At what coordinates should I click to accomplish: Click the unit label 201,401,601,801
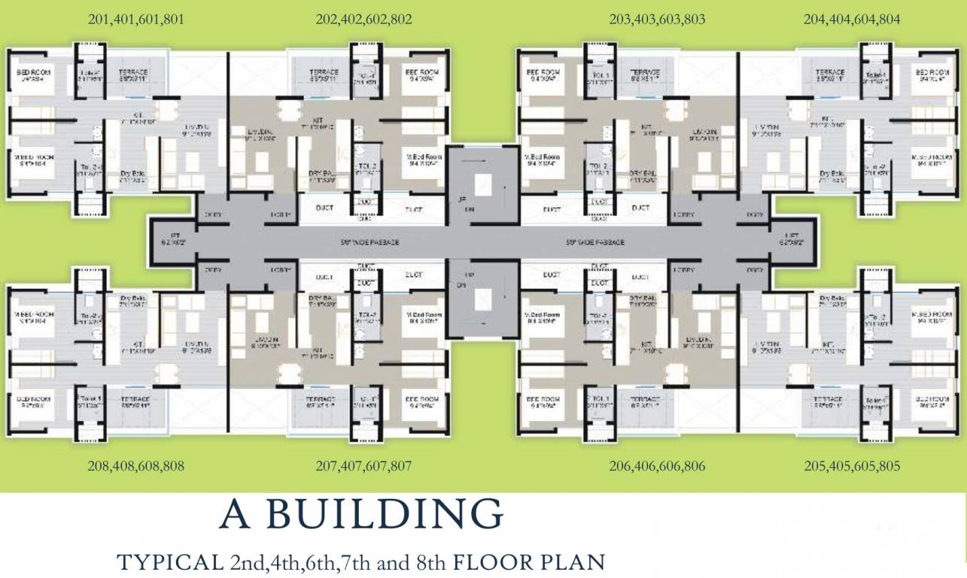tap(135, 20)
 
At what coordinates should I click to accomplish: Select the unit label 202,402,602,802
tap(363, 20)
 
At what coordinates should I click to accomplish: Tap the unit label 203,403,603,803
tap(657, 20)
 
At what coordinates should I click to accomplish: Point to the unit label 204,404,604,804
tap(851, 20)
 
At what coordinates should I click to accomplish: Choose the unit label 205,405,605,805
tap(851, 466)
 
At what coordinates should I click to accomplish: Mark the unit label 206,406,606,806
tap(657, 466)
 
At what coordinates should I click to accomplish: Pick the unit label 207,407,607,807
tap(363, 466)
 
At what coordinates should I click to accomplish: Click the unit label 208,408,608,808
tap(135, 466)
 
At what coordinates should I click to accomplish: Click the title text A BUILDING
tap(361, 515)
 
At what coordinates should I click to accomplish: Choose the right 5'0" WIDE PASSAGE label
tap(594, 242)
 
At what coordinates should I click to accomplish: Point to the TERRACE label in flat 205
tap(830, 399)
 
